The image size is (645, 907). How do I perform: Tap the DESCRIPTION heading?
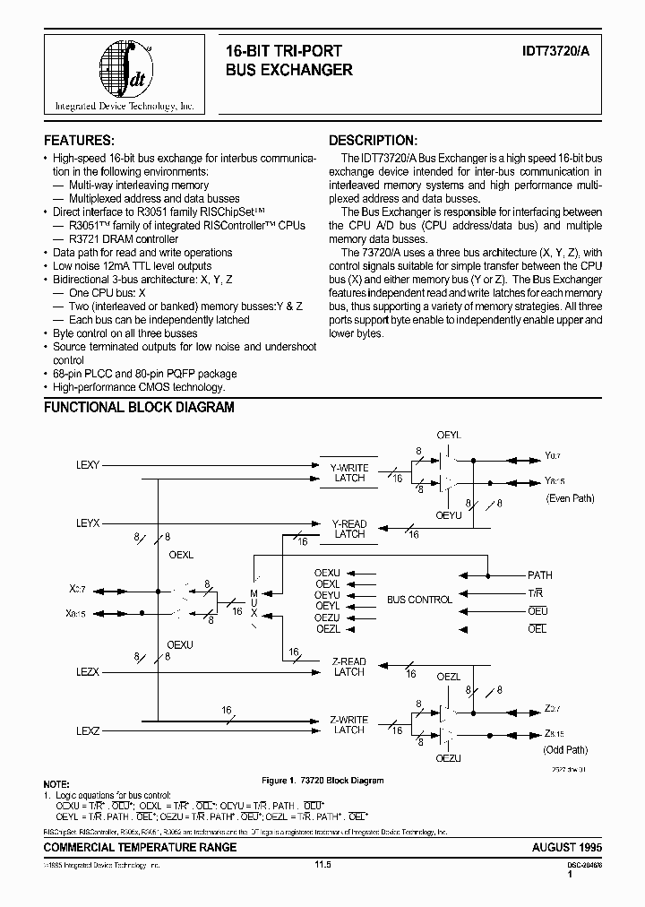[373, 141]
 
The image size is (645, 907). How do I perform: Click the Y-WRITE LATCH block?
[348, 473]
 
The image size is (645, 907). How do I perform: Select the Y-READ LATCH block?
[348, 529]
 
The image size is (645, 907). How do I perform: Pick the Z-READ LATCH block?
[348, 667]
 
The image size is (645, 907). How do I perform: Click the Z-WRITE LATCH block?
[348, 724]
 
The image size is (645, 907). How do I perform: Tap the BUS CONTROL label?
[419, 600]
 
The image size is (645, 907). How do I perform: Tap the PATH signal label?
[540, 575]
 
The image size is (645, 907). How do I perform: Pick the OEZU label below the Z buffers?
[448, 758]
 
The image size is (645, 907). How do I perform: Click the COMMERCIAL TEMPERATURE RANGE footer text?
[141, 847]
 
